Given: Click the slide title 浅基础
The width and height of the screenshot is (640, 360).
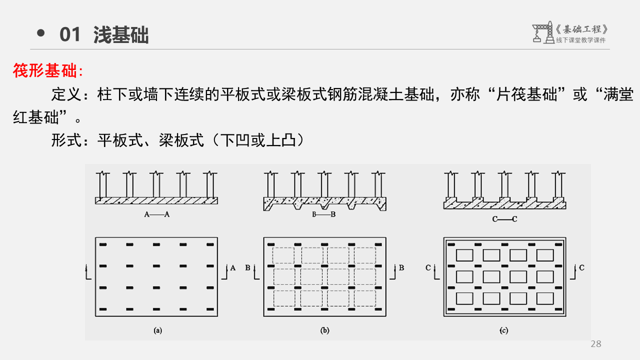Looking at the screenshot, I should coord(121,35).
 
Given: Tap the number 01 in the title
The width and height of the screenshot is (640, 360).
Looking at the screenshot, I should coord(70,35).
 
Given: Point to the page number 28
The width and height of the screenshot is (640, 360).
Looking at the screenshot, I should coord(596,344).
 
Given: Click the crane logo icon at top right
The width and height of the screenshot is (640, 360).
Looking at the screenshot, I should coord(542,32).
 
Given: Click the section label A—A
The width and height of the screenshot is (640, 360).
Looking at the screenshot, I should coord(156,214).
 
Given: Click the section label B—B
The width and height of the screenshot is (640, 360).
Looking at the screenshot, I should coord(323,214).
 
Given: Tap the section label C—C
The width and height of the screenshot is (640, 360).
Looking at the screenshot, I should coord(504,218).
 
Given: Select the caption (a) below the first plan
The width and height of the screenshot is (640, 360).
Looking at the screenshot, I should coord(157,330).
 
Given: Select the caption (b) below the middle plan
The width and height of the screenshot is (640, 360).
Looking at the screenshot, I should coord(325,330).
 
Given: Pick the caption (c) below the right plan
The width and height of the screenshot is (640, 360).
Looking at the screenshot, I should coord(504,330).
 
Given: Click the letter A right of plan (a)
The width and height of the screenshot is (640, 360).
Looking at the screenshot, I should coord(232,268).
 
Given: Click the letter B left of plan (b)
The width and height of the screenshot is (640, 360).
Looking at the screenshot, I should coord(248,268).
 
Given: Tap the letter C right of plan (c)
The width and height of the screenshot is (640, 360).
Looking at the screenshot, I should coord(582,268).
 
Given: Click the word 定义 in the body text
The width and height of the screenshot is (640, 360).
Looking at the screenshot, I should coord(62,95).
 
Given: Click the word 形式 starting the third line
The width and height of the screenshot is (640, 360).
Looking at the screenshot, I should coord(62,140).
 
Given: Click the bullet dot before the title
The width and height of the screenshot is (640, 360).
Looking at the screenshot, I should coord(41,33).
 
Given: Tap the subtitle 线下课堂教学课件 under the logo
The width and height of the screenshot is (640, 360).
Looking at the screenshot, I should coord(581,40).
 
